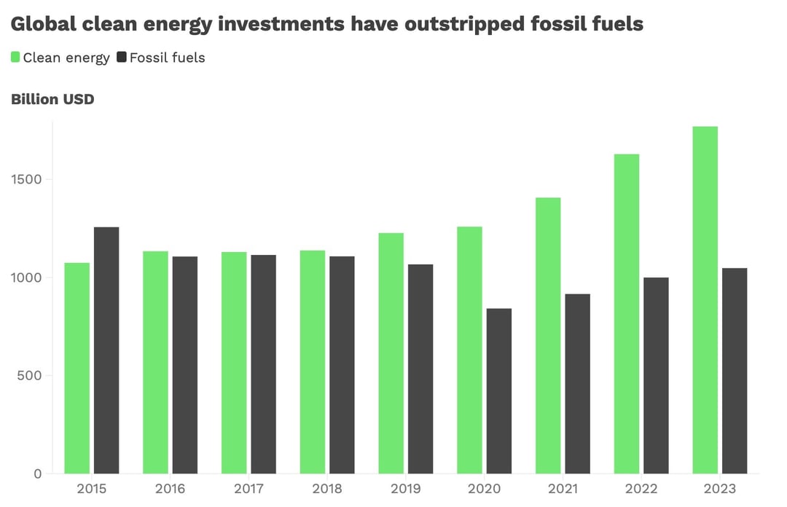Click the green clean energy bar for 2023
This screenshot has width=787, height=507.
[x=705, y=300]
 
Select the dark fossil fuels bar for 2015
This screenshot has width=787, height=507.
[x=106, y=350]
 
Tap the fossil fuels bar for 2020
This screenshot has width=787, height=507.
[x=499, y=391]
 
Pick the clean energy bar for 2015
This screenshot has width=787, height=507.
[x=77, y=368]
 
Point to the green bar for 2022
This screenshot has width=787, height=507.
[x=627, y=314]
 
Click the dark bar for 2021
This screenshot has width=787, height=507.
[x=577, y=384]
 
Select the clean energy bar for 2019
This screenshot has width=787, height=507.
[x=391, y=353]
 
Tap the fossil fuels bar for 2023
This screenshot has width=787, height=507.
[x=735, y=371]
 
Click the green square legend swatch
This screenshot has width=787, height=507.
[x=15, y=57]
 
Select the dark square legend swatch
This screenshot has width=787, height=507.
[x=122, y=57]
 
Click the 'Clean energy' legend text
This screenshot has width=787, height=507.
[x=66, y=58]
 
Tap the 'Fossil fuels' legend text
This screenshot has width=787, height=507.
[x=168, y=58]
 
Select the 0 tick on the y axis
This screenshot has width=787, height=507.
[x=38, y=474]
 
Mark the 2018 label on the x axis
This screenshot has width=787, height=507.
[x=327, y=489]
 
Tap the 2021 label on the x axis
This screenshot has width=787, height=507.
[x=563, y=489]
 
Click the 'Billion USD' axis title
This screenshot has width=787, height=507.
[x=52, y=99]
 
